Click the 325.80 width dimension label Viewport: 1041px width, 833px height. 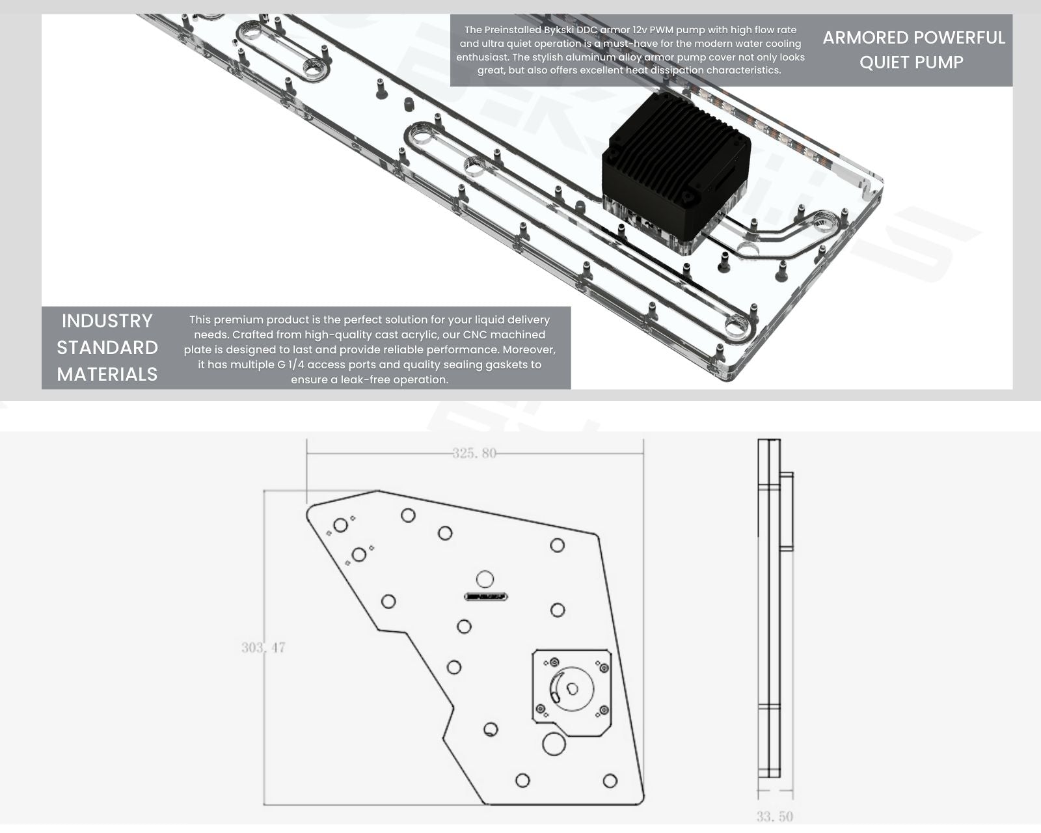click(x=474, y=453)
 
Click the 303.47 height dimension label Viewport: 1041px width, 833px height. click(x=264, y=647)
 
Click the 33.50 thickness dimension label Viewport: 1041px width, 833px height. click(x=775, y=817)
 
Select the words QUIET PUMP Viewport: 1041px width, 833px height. click(x=912, y=62)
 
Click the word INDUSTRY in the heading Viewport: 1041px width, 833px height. click(x=107, y=321)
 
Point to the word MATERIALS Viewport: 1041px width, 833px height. click(x=107, y=374)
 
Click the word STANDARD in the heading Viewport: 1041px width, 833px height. click(x=107, y=348)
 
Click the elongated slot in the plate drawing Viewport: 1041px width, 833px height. click(x=485, y=597)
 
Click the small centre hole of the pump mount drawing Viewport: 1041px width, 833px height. click(x=573, y=689)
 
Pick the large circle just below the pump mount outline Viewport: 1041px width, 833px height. click(x=554, y=744)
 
